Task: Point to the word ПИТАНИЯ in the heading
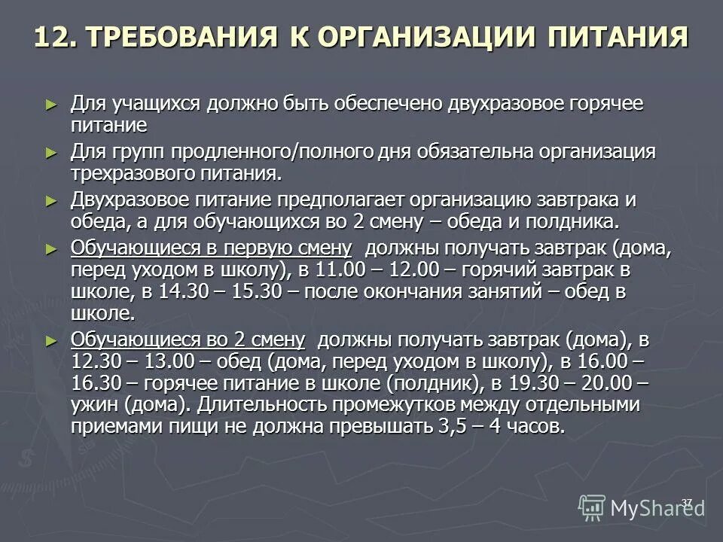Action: coord(616,38)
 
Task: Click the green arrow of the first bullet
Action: coord(50,104)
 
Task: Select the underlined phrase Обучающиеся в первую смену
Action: coord(211,249)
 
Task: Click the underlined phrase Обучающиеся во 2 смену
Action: coord(188,340)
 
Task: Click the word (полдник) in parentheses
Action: coord(435,383)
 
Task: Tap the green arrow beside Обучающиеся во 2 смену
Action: coord(50,340)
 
